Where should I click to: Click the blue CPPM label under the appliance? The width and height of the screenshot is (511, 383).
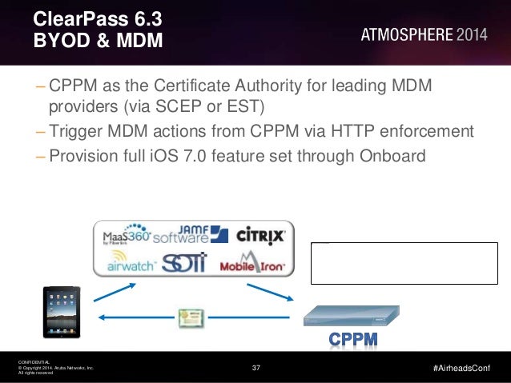click(x=353, y=341)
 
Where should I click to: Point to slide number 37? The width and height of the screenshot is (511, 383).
click(x=256, y=367)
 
